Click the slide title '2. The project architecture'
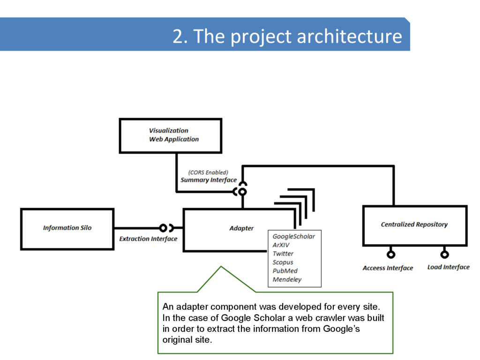coord(287,36)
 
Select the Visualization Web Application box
coord(171,135)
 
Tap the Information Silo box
coord(67,228)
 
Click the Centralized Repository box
coord(414,225)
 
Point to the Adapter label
coord(241,228)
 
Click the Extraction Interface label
coord(148,239)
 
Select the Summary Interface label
coord(209,180)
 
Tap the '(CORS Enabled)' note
coord(208,172)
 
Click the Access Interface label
coord(388,268)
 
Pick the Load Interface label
coord(448,267)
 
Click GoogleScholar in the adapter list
coord(293,237)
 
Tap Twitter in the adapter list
coord(283,254)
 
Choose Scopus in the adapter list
coord(283,262)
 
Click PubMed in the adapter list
coord(285,271)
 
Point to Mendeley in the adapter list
coord(287,280)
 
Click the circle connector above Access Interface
coord(390,255)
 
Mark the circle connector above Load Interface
coord(444,255)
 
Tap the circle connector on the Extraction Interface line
coord(163,228)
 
